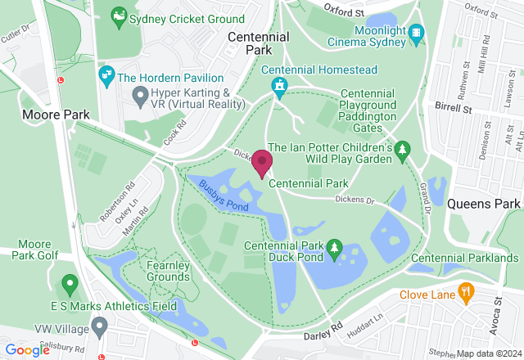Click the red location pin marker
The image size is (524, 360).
(x=262, y=162)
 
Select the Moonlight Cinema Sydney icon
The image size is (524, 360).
(x=418, y=33)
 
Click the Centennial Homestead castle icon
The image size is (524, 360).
(x=280, y=85)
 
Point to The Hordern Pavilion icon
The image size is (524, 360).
(x=106, y=77)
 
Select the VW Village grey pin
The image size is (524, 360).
(x=100, y=326)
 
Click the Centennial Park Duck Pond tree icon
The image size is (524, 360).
(x=335, y=247)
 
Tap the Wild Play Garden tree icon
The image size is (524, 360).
(x=402, y=149)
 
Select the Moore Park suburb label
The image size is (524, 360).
(x=56, y=115)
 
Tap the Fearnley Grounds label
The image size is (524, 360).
(x=169, y=271)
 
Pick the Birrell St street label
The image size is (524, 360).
(x=454, y=107)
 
